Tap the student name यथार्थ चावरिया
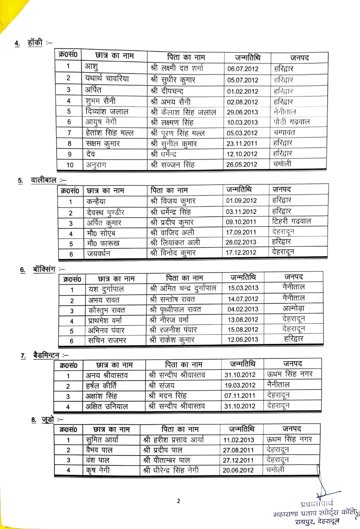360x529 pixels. [106, 79]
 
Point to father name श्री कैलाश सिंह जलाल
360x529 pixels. [184, 112]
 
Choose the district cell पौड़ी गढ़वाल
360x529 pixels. [291, 122]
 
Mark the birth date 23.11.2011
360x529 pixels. [243, 143]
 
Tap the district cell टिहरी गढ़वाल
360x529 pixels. [292, 221]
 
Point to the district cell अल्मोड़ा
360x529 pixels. [294, 308]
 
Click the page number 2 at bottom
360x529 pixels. [179, 501]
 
